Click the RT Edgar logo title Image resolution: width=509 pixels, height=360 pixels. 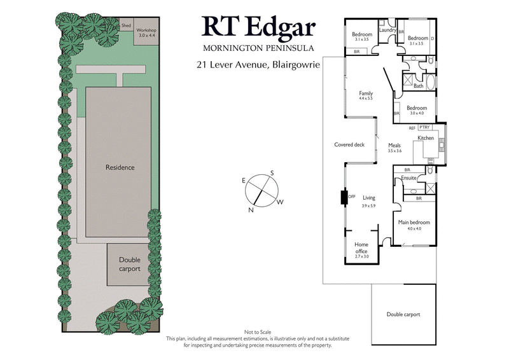258,27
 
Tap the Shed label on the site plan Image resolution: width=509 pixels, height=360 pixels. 126,25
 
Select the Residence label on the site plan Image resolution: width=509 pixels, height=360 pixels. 120,167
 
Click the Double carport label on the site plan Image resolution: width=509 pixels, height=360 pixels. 129,264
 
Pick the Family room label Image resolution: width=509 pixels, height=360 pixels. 365,93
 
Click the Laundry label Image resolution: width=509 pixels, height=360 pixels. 387,30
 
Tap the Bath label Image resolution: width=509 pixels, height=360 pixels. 418,85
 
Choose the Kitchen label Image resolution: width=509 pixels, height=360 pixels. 425,138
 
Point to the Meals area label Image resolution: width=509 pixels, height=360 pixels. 394,145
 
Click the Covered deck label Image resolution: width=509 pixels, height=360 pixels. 349,144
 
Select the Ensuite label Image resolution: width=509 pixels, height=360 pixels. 409,179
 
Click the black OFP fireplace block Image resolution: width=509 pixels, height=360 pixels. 344,197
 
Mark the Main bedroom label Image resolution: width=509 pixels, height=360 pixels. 414,223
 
